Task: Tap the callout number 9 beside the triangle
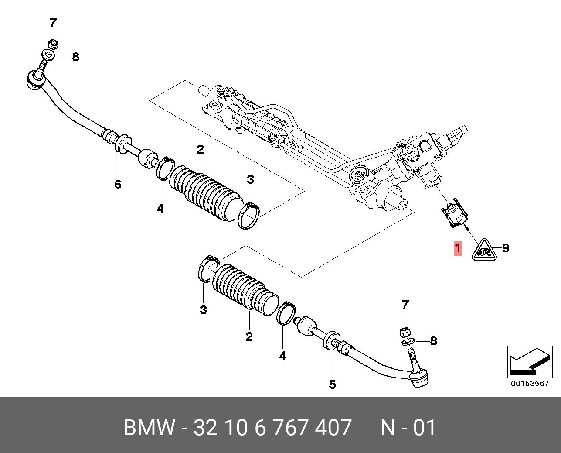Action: (505, 248)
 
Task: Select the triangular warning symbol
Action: (484, 250)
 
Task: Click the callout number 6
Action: (118, 184)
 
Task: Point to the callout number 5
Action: (332, 384)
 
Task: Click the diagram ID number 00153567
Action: (530, 384)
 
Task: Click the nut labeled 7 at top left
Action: (53, 44)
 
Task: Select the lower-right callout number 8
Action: (433, 341)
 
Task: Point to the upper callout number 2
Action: (200, 150)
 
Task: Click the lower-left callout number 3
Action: (203, 310)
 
